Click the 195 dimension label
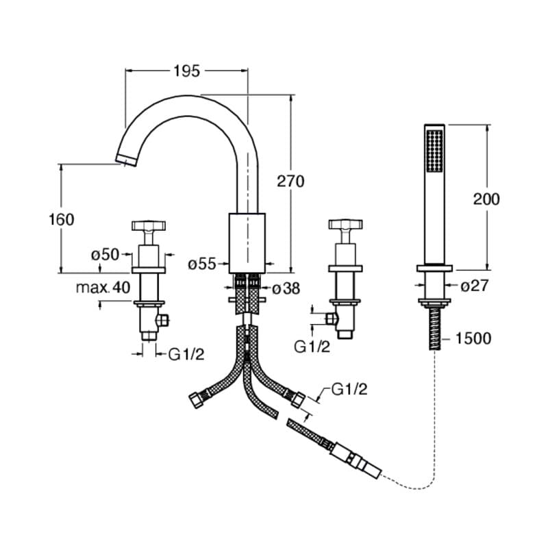tap(186, 71)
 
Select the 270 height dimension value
tap(290, 182)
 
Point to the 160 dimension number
tap(61, 219)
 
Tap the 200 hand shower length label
tap(486, 199)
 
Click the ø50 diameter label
tap(105, 254)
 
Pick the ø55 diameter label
tap(202, 264)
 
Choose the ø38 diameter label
tap(286, 288)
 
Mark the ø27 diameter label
tap(474, 286)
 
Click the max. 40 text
tap(103, 288)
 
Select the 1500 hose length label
tap(473, 338)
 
